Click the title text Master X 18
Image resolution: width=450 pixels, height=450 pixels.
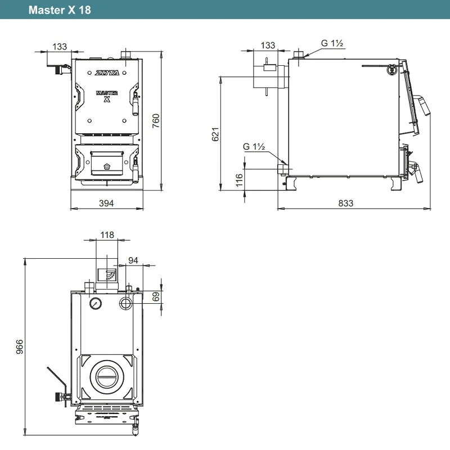60,10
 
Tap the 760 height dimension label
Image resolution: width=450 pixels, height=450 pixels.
156,121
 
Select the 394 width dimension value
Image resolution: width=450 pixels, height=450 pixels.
106,203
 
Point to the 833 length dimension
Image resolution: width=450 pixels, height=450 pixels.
345,203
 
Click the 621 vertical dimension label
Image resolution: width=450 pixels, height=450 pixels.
215,134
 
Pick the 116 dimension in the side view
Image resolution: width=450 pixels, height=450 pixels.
239,180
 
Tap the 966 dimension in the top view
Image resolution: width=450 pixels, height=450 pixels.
20,346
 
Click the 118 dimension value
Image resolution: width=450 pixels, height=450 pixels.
107,235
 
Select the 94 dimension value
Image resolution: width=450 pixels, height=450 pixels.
133,260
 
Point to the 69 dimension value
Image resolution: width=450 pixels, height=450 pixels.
156,296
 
